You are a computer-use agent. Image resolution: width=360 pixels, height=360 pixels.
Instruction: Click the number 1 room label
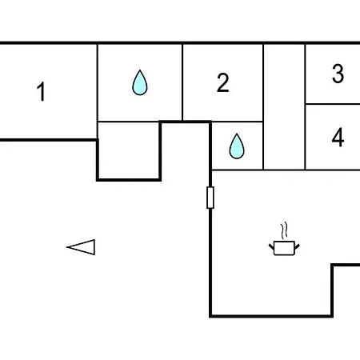point(42,91)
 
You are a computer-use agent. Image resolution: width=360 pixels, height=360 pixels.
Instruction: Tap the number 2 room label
point(223,82)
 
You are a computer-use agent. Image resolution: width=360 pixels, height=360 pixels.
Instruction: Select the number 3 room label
point(338,74)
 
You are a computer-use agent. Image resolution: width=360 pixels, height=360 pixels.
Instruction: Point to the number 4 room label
point(338,137)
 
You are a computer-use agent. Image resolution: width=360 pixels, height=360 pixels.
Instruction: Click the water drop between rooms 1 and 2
point(140,82)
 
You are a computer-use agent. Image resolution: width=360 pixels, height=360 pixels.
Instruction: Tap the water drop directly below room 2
point(237,146)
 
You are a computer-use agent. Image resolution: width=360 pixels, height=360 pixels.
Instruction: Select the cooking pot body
point(284,248)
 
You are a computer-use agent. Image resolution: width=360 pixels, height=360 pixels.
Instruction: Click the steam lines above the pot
point(284,231)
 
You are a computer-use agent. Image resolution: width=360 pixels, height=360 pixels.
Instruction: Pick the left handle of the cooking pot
point(271,246)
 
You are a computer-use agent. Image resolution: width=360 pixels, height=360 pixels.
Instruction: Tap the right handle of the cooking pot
point(297,246)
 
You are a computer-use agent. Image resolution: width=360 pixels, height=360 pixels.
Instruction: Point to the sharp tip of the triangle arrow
point(67,247)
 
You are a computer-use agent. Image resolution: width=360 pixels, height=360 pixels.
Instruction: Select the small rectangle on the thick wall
point(210,198)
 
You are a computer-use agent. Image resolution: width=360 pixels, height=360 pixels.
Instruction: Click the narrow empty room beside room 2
point(284,106)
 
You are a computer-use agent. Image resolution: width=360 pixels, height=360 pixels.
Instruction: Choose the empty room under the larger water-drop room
point(129,150)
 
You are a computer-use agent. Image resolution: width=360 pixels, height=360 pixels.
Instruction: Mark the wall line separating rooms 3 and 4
point(332,104)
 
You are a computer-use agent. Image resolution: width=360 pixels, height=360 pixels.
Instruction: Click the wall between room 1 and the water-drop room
point(98,91)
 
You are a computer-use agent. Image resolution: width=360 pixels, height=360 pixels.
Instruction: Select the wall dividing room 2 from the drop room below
point(238,122)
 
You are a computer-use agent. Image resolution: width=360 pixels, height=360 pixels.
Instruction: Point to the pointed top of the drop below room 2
point(237,134)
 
